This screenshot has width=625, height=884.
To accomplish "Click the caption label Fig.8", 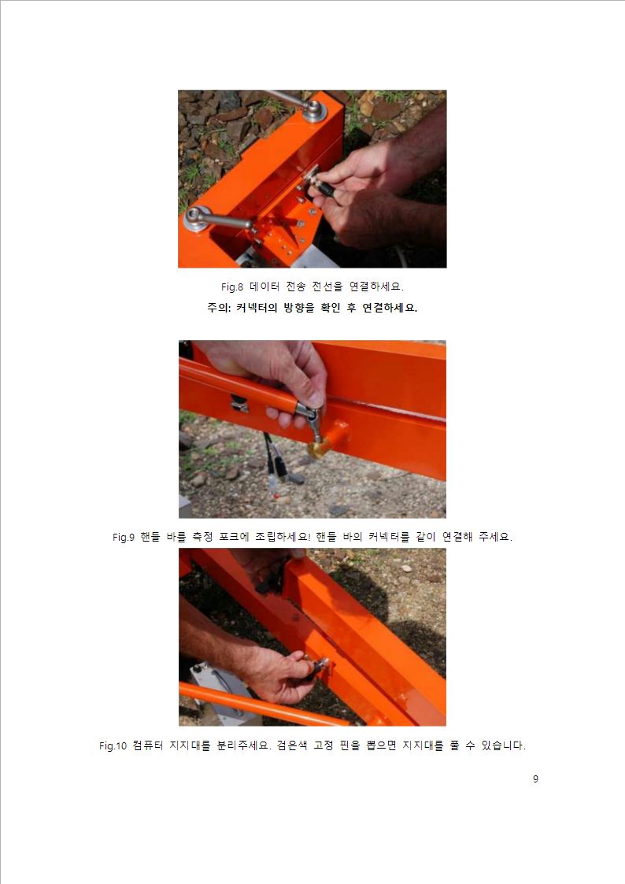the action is [231, 287].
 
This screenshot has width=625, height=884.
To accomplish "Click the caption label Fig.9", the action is [124, 538].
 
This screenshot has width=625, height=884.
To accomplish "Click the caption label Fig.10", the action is [113, 746].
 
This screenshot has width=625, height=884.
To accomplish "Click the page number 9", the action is [535, 779].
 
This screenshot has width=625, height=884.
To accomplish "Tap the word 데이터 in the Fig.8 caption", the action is [264, 287].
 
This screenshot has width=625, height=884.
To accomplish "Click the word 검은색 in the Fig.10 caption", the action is [291, 745].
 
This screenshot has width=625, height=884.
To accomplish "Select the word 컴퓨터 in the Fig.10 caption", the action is [148, 745].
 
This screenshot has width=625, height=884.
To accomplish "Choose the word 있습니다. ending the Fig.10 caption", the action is [503, 745].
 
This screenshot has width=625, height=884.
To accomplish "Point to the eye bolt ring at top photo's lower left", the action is [198, 217].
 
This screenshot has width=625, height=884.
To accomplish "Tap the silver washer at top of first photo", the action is [314, 109].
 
